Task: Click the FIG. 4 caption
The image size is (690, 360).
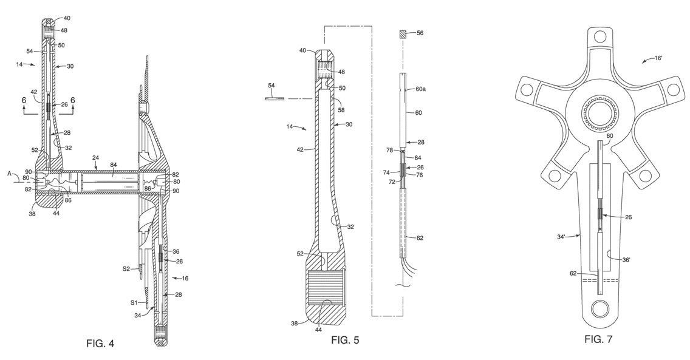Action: click(x=100, y=343)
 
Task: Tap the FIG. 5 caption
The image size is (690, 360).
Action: click(x=345, y=340)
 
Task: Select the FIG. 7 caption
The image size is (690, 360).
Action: click(x=598, y=339)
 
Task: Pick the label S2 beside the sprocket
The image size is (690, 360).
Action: click(x=126, y=268)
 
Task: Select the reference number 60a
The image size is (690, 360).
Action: click(x=421, y=89)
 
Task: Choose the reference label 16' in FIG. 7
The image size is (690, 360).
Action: click(x=658, y=58)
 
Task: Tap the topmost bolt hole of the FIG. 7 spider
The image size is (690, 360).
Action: click(x=599, y=35)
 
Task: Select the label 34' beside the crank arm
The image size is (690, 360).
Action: click(x=561, y=237)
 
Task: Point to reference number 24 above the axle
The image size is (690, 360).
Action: click(x=96, y=157)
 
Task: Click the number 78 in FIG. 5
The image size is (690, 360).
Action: click(x=390, y=151)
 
